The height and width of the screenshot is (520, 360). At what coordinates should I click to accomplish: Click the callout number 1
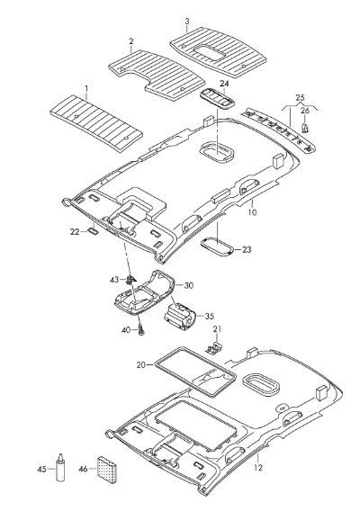pos(86,89)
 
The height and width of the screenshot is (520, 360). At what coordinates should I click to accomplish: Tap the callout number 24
pos(224,84)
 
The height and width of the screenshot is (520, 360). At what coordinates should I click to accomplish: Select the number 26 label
pos(305,110)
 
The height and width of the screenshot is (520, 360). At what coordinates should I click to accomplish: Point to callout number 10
pos(252,212)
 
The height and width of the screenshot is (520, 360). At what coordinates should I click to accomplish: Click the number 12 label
pos(258,468)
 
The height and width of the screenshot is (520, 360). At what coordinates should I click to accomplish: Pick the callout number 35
pos(210,316)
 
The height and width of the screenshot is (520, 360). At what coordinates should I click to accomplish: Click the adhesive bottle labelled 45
pos(60,468)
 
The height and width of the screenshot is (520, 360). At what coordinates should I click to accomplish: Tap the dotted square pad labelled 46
pos(107,470)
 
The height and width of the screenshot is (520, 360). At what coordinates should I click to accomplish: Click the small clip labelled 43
pos(130,280)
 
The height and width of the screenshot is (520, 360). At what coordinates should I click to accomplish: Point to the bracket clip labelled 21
pos(214,347)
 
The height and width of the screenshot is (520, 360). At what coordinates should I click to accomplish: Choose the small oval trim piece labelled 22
pos(93,231)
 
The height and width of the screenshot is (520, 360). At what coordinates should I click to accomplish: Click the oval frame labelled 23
pos(217,247)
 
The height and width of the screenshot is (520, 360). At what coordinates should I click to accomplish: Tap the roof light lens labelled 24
pos(217,98)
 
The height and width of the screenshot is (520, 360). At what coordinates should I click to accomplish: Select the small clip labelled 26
pos(305,128)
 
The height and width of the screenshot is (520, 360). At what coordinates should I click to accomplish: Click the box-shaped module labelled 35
pos(179,317)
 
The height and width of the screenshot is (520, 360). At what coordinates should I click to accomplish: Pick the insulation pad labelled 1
pos(96,123)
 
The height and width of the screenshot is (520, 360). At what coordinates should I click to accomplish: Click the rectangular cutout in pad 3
pos(210,53)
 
